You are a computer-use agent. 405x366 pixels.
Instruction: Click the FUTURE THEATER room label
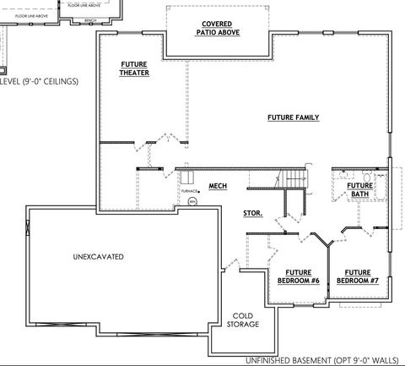(x=133, y=68)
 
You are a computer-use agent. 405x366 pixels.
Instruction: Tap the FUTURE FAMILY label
(x=293, y=117)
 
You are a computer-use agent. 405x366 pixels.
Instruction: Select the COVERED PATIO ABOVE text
(x=219, y=28)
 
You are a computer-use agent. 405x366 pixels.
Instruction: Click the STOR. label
(x=252, y=214)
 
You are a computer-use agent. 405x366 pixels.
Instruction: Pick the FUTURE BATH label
(x=360, y=190)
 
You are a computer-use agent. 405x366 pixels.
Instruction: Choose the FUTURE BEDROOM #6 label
(x=296, y=276)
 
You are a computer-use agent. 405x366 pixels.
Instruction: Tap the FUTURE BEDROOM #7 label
(x=359, y=276)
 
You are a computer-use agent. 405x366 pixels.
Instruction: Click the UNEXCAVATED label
(x=99, y=255)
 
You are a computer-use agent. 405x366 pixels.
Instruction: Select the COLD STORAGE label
(x=242, y=319)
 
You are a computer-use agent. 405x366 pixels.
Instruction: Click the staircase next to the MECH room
(x=294, y=179)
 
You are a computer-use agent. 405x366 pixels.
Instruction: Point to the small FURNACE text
(x=190, y=191)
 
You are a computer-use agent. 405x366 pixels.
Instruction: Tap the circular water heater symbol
(x=192, y=202)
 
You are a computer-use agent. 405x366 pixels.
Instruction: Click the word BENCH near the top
(x=89, y=18)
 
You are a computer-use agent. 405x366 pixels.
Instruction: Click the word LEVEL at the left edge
(x=8, y=81)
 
